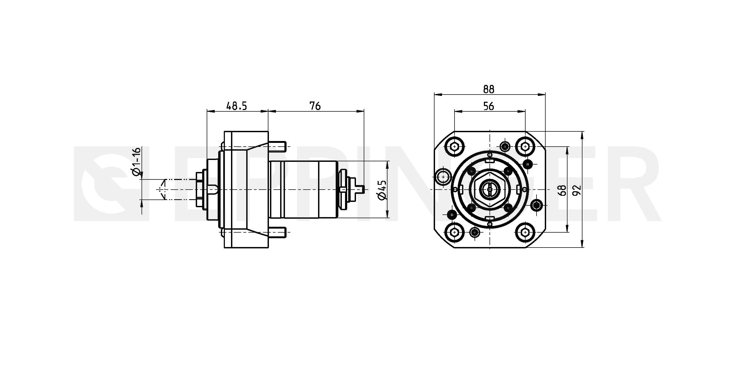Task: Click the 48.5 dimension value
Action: (236, 106)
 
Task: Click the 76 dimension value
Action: (315, 106)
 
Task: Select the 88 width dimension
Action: (488, 89)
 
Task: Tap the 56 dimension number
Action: (488, 106)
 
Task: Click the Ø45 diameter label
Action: (382, 190)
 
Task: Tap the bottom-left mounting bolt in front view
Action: (454, 233)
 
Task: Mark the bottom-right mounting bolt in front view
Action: (525, 233)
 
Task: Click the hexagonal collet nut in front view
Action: (490, 189)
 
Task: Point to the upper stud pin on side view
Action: (277, 147)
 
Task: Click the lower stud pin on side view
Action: (277, 233)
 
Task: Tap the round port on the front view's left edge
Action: (443, 177)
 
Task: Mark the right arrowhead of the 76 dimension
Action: (360, 111)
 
